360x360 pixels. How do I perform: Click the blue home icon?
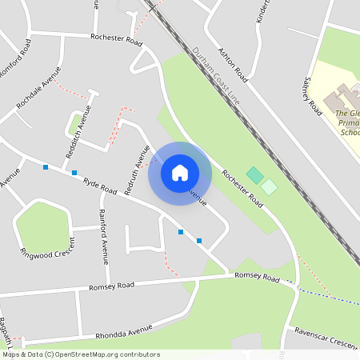pyautogui.click(x=180, y=173)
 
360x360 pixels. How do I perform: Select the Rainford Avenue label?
pyautogui.click(x=102, y=235)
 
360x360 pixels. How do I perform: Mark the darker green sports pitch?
pyautogui.click(x=254, y=174)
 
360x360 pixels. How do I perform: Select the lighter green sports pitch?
pyautogui.click(x=270, y=186)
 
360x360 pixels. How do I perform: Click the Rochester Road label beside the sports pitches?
pyautogui.click(x=242, y=190)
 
